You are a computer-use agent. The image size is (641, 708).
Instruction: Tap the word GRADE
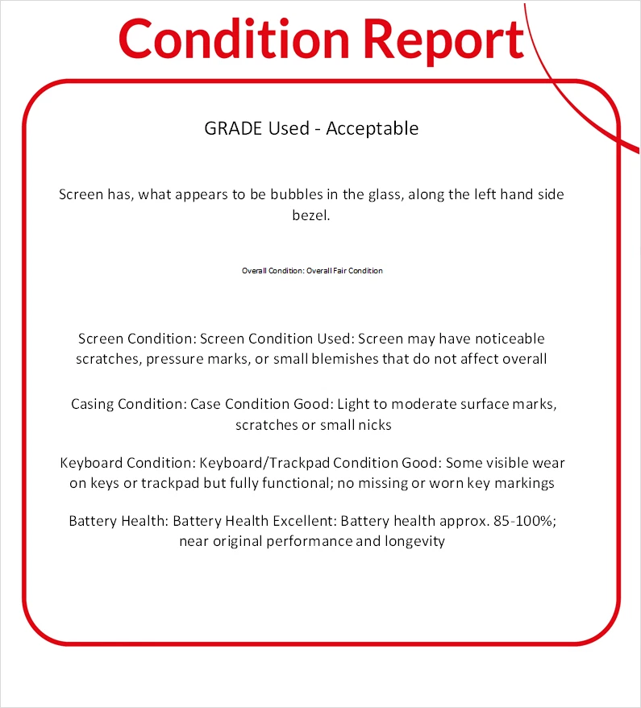point(231,128)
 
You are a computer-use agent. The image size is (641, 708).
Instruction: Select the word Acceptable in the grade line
point(372,128)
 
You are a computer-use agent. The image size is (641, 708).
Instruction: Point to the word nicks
point(373,424)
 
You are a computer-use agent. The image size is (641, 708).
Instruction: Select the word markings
point(526,484)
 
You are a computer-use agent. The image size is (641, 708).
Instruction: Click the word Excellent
point(303,521)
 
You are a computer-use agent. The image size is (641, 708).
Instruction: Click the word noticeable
point(500,338)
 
